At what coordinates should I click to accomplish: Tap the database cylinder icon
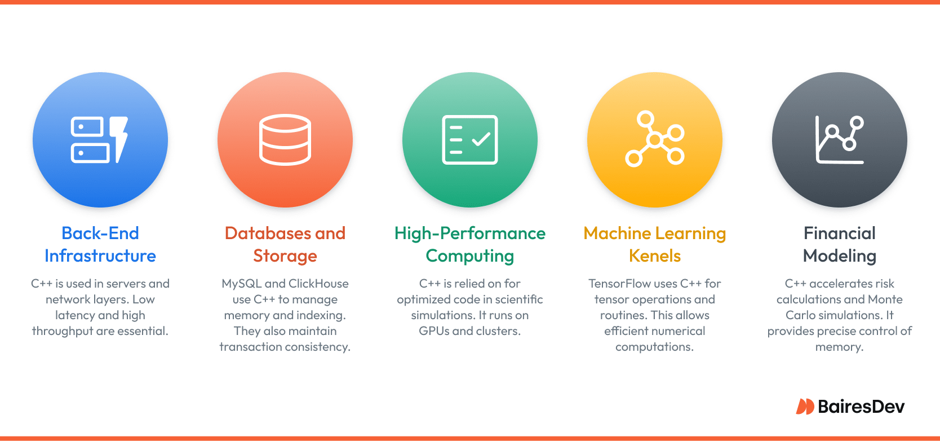(285, 139)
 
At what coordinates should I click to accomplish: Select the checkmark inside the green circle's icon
(481, 139)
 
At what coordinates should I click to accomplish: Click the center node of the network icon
(655, 139)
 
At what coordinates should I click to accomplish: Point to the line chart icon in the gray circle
(839, 139)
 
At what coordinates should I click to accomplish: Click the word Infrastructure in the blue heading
(100, 256)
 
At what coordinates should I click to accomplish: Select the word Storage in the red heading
(285, 257)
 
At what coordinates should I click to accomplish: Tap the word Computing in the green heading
(470, 257)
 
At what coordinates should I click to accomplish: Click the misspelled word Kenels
(655, 256)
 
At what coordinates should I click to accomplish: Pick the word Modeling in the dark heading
(840, 257)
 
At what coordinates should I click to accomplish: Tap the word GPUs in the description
(434, 331)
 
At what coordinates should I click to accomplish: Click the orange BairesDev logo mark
(805, 406)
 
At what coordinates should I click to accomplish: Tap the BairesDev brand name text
(861, 407)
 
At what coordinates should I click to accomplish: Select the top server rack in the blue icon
(87, 127)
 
